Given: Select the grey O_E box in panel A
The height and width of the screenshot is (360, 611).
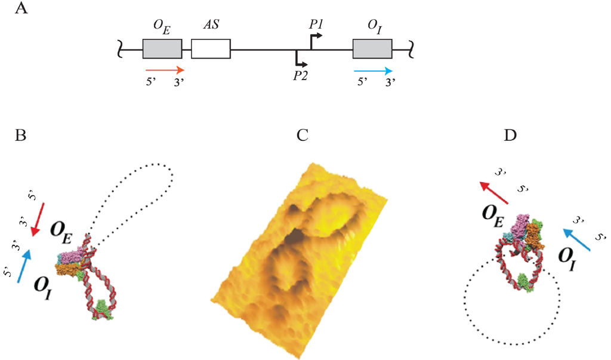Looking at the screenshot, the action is point(162,49).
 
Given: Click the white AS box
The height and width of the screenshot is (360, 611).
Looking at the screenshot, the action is point(210,49).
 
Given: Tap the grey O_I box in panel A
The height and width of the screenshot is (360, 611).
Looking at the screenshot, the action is point(372,49).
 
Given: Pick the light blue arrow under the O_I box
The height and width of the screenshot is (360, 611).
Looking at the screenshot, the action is point(372,69).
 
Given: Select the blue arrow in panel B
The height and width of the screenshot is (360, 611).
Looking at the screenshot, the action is point(24,266).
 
